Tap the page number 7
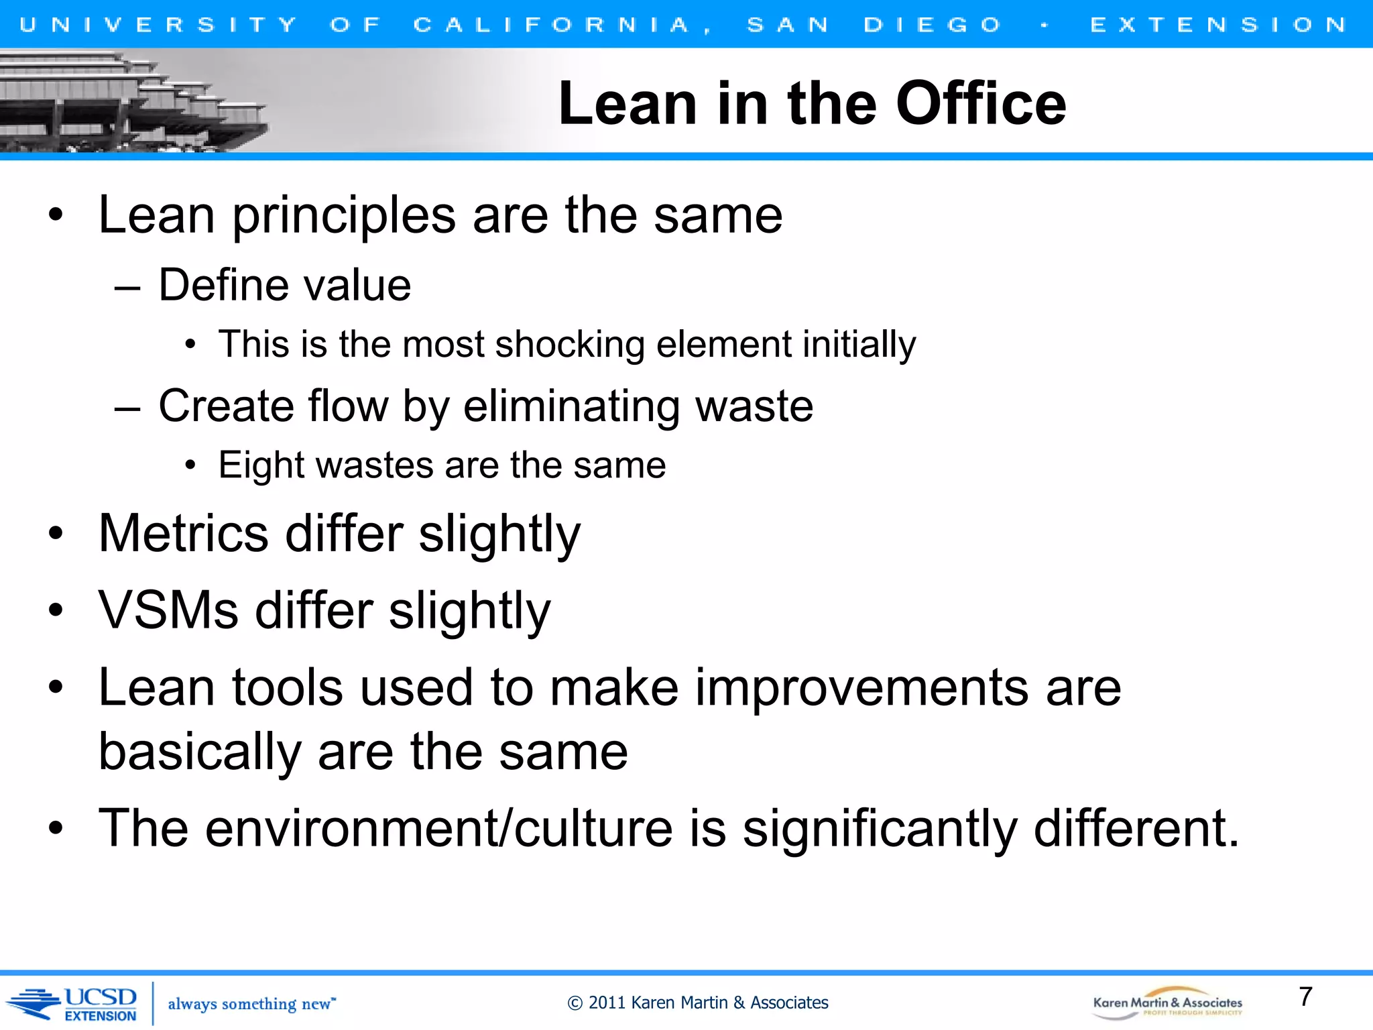(1305, 996)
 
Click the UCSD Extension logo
(74, 1003)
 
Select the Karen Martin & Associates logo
(1167, 1004)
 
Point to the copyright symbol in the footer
(575, 1003)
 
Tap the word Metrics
(183, 534)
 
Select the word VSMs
(168, 611)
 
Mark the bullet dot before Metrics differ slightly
(56, 534)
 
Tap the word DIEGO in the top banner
(932, 25)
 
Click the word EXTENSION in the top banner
(1218, 25)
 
